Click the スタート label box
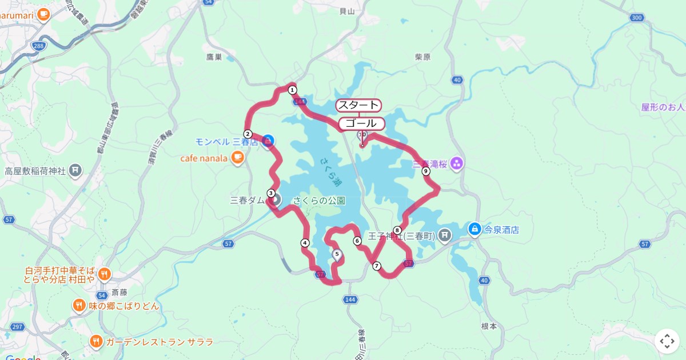pos(358,105)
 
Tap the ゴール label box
pos(361,123)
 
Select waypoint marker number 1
pos(292,90)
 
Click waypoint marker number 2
pos(248,134)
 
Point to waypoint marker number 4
pos(305,243)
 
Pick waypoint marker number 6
pos(357,241)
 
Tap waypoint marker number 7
pos(376,266)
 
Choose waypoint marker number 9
pos(425,171)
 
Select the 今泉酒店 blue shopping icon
pos(474,229)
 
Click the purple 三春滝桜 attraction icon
pos(456,165)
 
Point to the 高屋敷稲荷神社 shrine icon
pos(75,170)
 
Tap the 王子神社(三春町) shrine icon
pos(445,235)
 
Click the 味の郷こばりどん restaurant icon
pos(79,306)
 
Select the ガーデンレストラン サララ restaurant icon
pos(96,342)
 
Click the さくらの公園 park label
pos(319,201)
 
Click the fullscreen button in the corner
pos(667,342)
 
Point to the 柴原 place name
pos(422,57)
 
